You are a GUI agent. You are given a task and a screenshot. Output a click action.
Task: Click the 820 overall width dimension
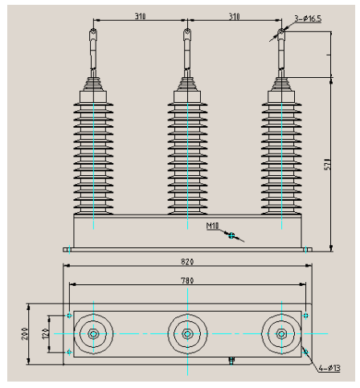click(x=187, y=261)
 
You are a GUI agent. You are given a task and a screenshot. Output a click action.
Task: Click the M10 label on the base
click(x=213, y=227)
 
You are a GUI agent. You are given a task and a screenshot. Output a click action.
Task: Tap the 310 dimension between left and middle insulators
click(x=140, y=14)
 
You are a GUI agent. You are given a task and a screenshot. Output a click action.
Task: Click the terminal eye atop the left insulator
click(x=93, y=33)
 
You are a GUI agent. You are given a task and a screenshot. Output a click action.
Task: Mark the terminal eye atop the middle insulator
click(x=187, y=33)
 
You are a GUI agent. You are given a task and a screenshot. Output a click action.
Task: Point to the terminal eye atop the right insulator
click(x=281, y=33)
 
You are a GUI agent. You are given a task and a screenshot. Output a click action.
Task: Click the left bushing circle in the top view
click(x=94, y=333)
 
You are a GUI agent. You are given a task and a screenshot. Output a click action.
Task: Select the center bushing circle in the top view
click(x=187, y=333)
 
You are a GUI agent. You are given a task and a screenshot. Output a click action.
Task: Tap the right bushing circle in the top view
click(x=281, y=333)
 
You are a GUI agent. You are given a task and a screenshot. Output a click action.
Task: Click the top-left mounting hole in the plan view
click(x=70, y=315)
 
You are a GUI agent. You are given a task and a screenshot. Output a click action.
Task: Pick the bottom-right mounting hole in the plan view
click(x=305, y=352)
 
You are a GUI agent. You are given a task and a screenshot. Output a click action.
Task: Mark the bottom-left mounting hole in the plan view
click(x=70, y=352)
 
